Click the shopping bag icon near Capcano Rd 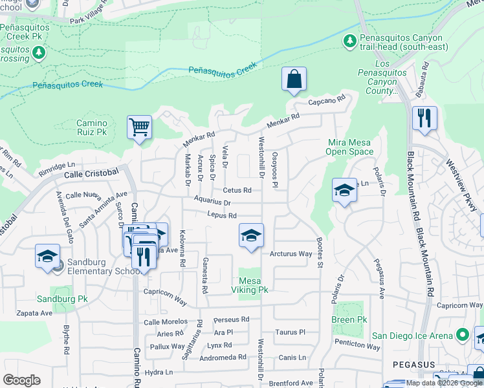click(x=294, y=80)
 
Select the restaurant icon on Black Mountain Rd click(x=424, y=118)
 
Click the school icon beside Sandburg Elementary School click(x=47, y=257)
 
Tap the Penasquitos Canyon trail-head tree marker click(x=350, y=41)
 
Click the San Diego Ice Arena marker click(x=462, y=335)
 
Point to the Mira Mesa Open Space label click(x=350, y=147)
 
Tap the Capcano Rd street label click(x=327, y=102)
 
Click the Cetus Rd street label click(x=237, y=190)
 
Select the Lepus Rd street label click(x=222, y=215)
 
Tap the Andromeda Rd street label click(x=224, y=356)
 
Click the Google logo click(x=21, y=380)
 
